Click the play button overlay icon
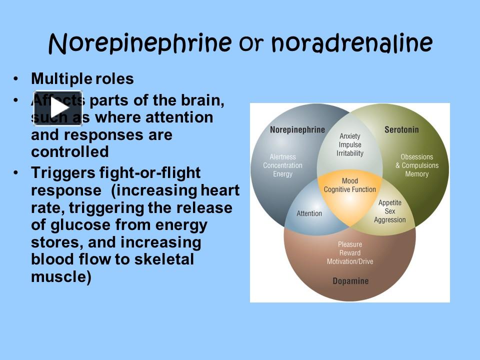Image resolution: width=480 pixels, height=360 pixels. (x=57, y=108)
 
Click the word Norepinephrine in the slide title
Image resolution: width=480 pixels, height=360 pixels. (x=140, y=43)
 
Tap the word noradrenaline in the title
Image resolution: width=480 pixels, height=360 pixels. (x=352, y=43)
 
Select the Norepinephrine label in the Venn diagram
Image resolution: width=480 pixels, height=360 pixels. (x=297, y=130)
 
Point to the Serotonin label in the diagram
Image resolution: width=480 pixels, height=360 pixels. (x=401, y=130)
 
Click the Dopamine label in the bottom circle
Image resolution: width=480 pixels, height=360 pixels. (x=350, y=281)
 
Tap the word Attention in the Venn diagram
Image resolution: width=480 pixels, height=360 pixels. (x=309, y=213)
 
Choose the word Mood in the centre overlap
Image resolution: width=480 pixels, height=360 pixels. (x=350, y=181)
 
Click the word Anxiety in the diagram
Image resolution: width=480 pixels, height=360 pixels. (x=350, y=136)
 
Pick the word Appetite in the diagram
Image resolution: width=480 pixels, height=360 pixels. (x=390, y=203)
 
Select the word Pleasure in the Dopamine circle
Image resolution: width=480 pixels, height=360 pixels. (x=350, y=244)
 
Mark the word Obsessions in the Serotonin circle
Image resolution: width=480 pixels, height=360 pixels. (x=417, y=157)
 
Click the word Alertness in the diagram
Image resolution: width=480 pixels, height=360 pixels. (x=282, y=157)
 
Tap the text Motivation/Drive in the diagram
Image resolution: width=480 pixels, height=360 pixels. (x=350, y=261)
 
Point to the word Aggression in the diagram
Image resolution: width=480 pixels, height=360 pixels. (x=390, y=220)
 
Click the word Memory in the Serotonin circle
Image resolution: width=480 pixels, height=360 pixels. (x=417, y=174)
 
